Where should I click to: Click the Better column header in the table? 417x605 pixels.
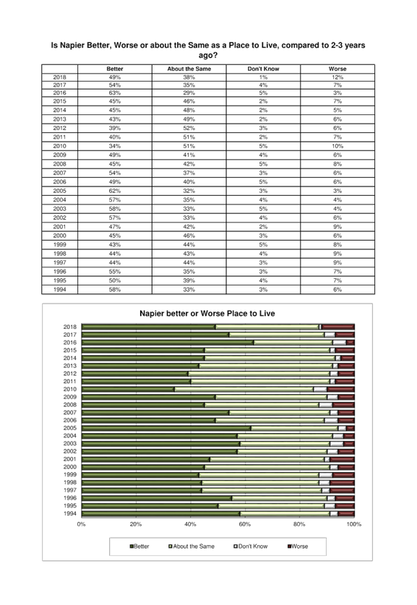click(x=115, y=69)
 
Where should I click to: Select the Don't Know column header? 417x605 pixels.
click(x=263, y=69)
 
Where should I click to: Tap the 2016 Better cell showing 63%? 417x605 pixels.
click(x=115, y=93)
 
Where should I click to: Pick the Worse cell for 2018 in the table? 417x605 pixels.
click(x=338, y=77)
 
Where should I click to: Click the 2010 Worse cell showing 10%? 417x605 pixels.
click(x=338, y=146)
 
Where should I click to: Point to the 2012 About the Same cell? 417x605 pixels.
click(x=189, y=128)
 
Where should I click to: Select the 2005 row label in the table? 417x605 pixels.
click(x=59, y=191)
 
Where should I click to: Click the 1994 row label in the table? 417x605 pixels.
click(x=59, y=290)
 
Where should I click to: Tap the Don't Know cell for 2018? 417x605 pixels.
click(x=263, y=77)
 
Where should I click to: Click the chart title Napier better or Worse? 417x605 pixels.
click(x=207, y=313)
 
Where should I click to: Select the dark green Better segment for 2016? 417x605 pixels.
click(x=168, y=343)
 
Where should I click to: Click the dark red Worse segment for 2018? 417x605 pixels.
click(x=338, y=327)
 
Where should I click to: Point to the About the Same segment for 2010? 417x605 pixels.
click(x=244, y=390)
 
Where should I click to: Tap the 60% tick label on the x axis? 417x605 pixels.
click(x=244, y=524)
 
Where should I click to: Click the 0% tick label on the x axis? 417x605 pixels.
click(x=82, y=524)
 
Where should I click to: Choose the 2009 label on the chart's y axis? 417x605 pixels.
click(x=70, y=397)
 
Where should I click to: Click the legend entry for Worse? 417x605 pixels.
click(x=298, y=546)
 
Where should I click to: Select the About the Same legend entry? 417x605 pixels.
click(x=192, y=546)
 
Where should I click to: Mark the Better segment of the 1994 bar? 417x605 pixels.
click(x=160, y=514)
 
